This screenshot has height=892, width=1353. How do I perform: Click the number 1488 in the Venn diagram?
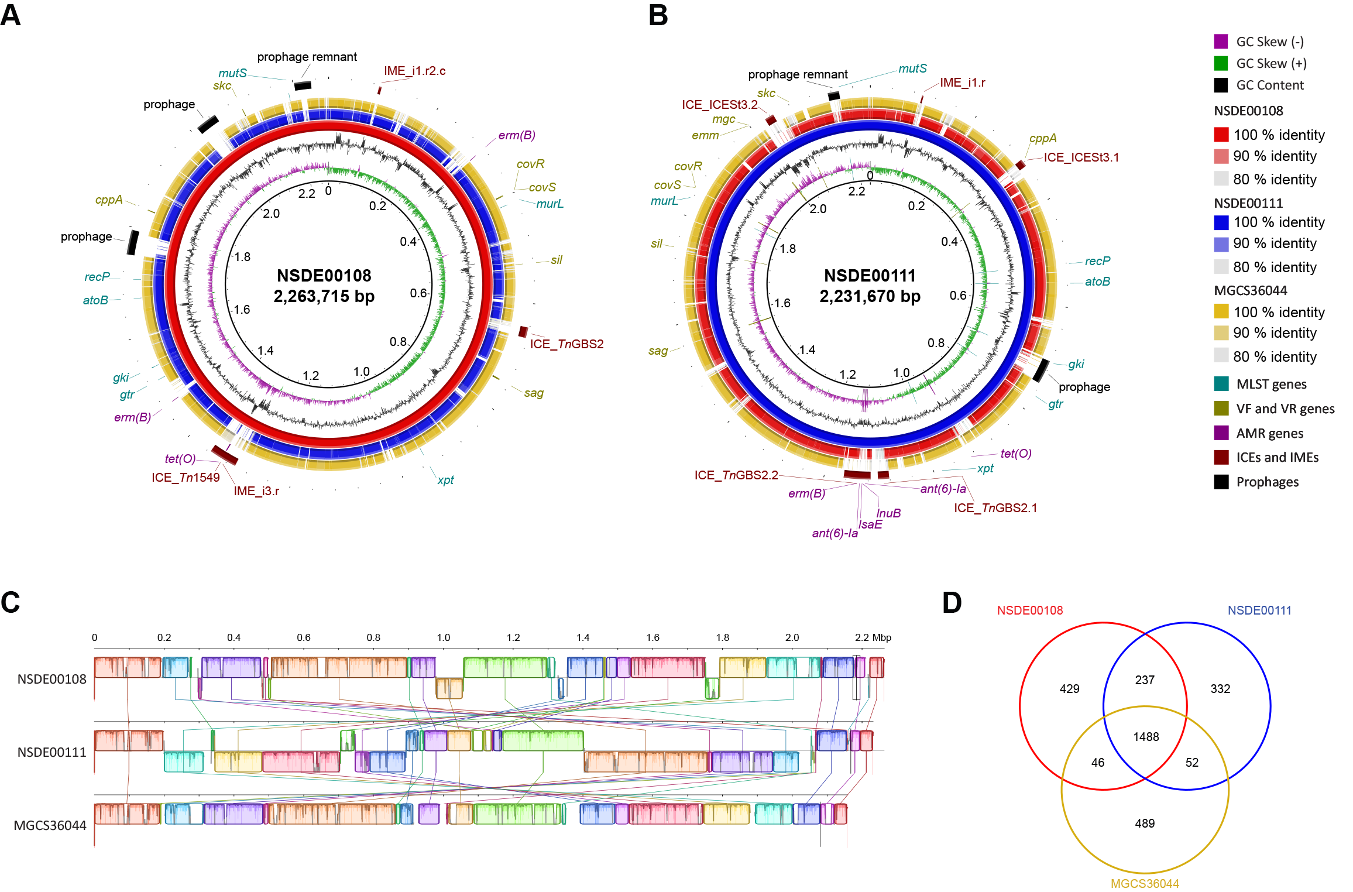coord(1145,737)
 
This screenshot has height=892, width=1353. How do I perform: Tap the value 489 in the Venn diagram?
coord(1145,824)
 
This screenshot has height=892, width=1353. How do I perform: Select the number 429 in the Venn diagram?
coord(1069,689)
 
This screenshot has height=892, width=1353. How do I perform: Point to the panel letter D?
coord(952,603)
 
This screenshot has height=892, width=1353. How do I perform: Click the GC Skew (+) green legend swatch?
coord(1221,63)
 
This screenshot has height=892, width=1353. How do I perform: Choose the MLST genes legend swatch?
coord(1221,384)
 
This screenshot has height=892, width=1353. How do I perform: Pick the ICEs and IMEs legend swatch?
coord(1221,457)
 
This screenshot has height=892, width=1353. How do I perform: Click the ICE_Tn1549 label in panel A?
coord(186,478)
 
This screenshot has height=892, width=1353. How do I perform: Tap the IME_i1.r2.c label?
coord(414,71)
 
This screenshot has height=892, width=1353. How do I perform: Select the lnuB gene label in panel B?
coord(888,513)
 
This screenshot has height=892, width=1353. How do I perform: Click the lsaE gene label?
coord(870,524)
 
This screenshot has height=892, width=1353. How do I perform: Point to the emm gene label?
coord(705,136)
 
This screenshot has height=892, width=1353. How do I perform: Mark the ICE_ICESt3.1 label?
coord(1081,157)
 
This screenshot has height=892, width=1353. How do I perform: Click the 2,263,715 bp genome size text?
coord(324,296)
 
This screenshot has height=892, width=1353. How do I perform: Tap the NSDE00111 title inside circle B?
coord(870,276)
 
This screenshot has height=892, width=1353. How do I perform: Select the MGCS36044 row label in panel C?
coord(50,825)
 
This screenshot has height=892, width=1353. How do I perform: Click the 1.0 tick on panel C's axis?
coord(444,637)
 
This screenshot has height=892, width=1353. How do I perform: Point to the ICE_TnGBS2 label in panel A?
coord(566,344)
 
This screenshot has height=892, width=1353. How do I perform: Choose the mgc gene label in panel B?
coord(723,119)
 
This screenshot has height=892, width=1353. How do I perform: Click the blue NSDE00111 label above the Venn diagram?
coord(1259,610)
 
